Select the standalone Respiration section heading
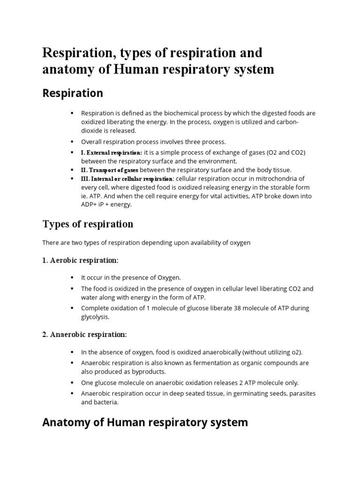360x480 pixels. [73, 93]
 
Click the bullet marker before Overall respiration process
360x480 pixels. [72, 142]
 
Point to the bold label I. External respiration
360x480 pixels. [112, 153]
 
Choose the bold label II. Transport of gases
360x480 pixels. [110, 170]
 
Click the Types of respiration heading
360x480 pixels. [88, 224]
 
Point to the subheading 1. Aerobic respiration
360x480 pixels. [81, 260]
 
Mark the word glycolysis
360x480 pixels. [95, 317]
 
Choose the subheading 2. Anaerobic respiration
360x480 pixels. [84, 334]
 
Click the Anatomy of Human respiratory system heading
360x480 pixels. [145, 422]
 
